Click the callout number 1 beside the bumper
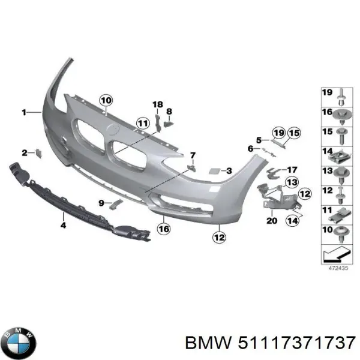[x=25, y=112]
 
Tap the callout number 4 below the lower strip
[x=63, y=226]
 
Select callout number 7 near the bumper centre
[x=193, y=155]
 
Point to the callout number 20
[x=271, y=220]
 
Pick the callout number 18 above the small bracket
[x=157, y=105]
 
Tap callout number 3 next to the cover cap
[x=229, y=171]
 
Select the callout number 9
[x=101, y=203]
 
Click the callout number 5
[x=259, y=140]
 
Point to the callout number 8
[x=169, y=111]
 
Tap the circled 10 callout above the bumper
[x=106, y=100]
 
